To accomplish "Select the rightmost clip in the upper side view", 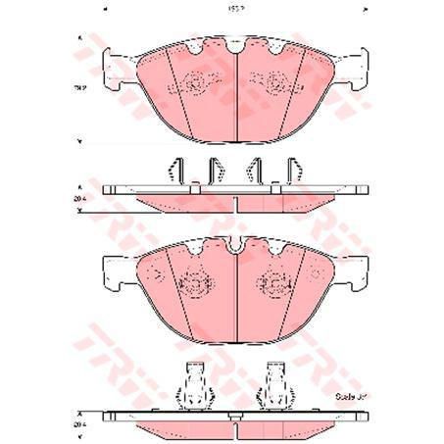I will click(291, 169).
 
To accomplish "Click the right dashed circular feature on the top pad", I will click(278, 85).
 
